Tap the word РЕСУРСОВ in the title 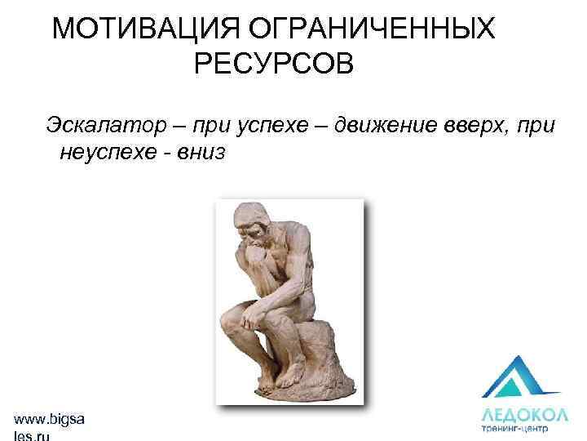[275, 64]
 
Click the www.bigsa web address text [49, 418]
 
